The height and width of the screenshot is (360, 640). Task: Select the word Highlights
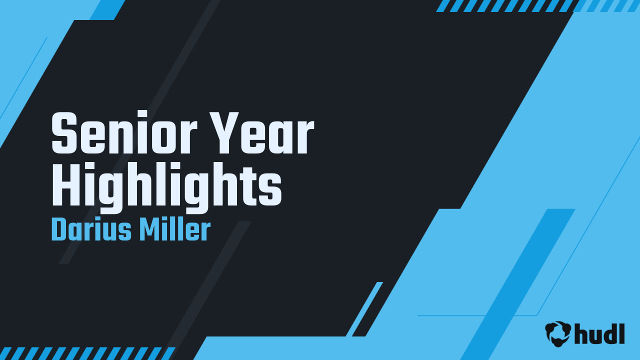(166, 185)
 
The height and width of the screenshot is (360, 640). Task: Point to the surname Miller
(174, 230)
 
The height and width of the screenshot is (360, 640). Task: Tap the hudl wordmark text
(599, 333)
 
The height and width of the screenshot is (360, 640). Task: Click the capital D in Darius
(58, 230)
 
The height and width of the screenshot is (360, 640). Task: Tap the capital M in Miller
(148, 230)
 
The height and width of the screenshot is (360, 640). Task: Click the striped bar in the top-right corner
(537, 5)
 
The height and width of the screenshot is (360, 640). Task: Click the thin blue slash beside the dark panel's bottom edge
(364, 308)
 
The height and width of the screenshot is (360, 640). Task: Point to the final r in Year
(305, 138)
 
